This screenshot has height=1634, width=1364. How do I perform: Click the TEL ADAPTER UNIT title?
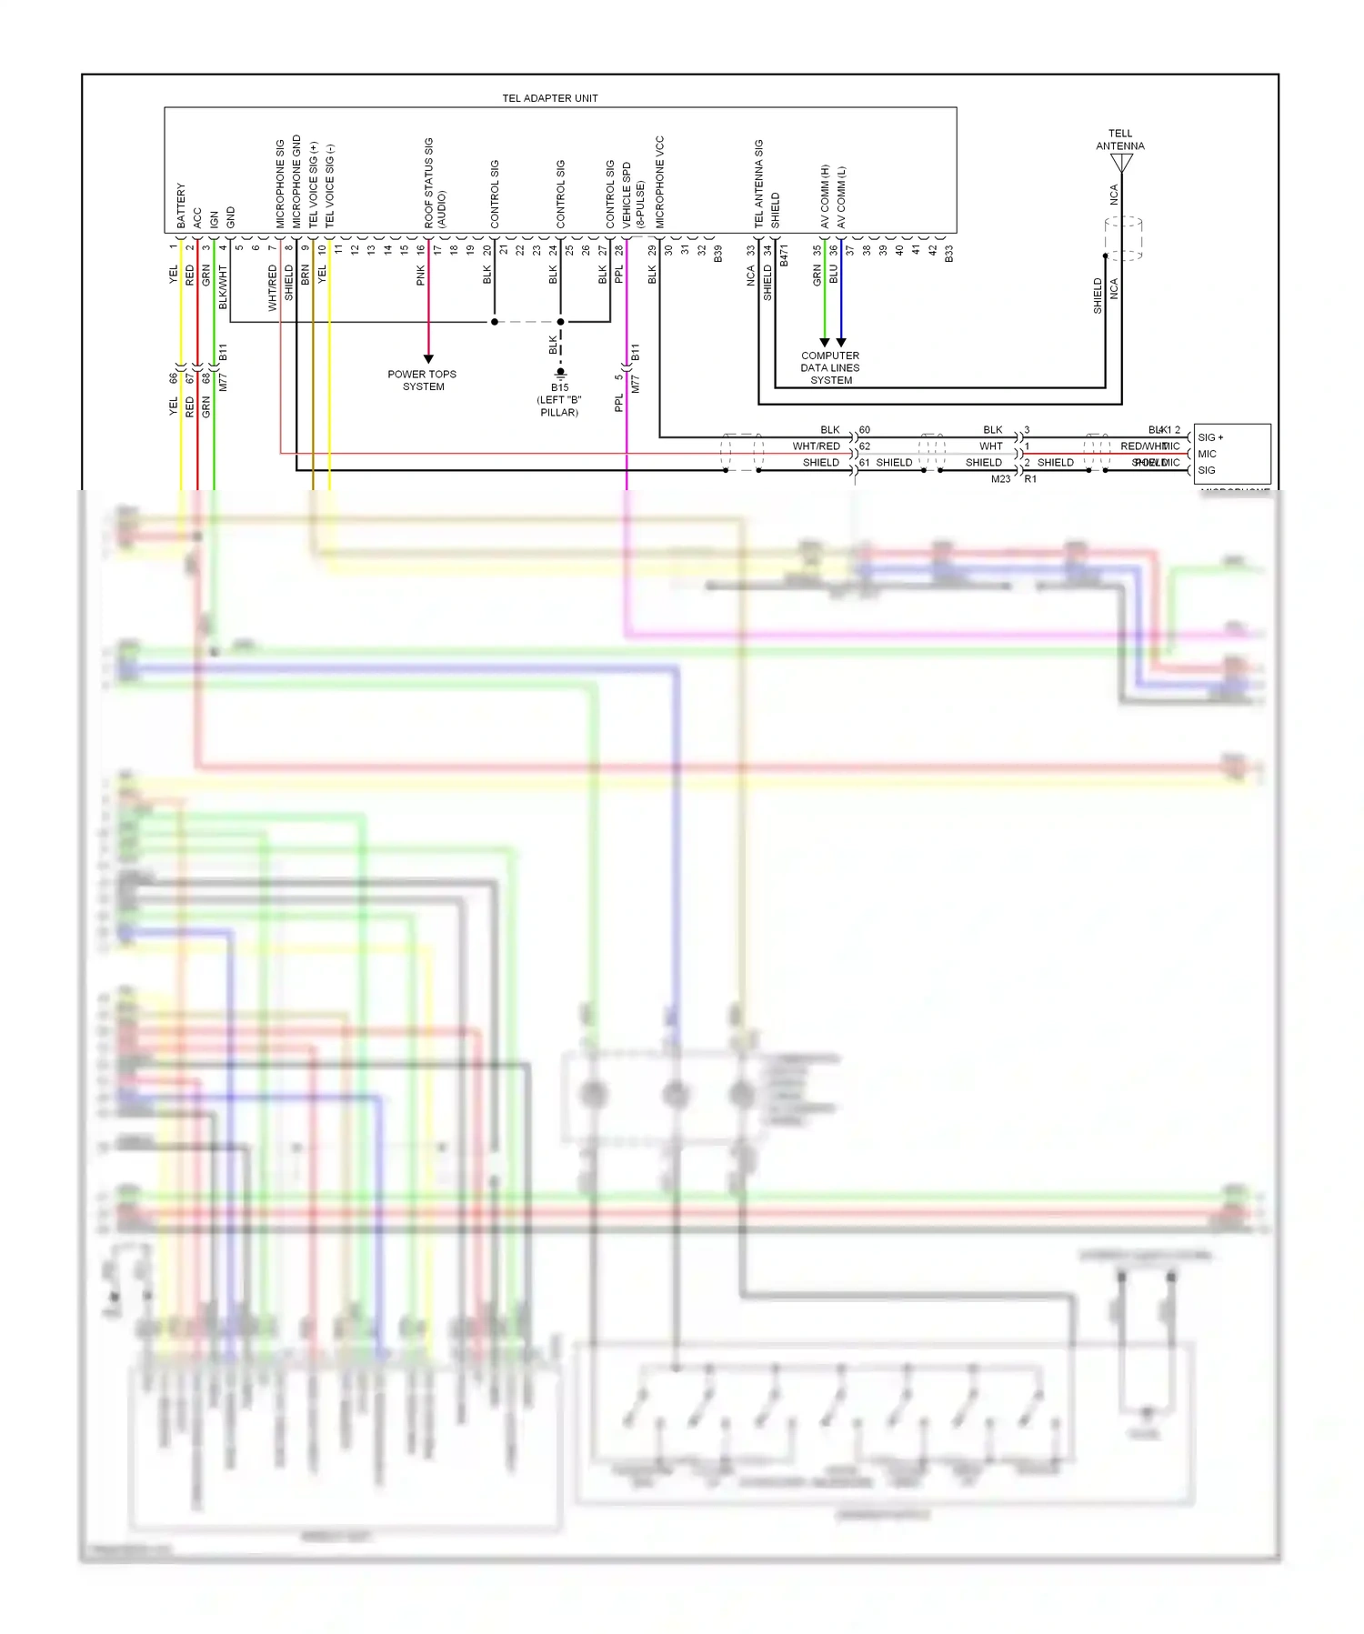click(x=550, y=98)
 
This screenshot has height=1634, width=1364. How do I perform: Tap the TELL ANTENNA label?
click(x=1120, y=140)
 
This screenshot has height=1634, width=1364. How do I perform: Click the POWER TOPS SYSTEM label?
click(x=423, y=380)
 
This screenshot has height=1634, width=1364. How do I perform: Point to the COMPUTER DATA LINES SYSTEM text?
click(x=830, y=368)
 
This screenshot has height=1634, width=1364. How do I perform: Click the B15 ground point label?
click(x=559, y=387)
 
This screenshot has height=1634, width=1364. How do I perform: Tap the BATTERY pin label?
click(x=181, y=206)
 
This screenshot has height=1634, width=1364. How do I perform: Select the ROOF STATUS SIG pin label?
click(x=429, y=183)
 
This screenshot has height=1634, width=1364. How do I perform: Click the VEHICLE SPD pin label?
click(x=627, y=195)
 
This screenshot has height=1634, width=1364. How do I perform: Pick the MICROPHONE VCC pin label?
click(x=660, y=182)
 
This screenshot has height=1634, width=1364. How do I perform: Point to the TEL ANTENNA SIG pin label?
click(x=759, y=184)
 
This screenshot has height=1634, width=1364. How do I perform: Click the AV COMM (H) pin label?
click(x=825, y=196)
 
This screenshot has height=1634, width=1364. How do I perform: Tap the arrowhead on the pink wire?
click(x=428, y=359)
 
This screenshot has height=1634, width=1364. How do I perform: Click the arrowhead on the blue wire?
click(x=841, y=343)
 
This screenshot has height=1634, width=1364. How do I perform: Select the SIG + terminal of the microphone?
click(x=1210, y=437)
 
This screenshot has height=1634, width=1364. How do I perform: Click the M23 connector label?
click(x=1000, y=479)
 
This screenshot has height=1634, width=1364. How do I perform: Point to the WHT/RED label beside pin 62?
click(x=816, y=446)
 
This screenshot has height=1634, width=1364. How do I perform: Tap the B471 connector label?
click(x=784, y=256)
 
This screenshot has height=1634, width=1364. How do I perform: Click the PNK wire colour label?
click(x=421, y=275)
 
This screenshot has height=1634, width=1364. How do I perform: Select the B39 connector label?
click(x=718, y=254)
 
